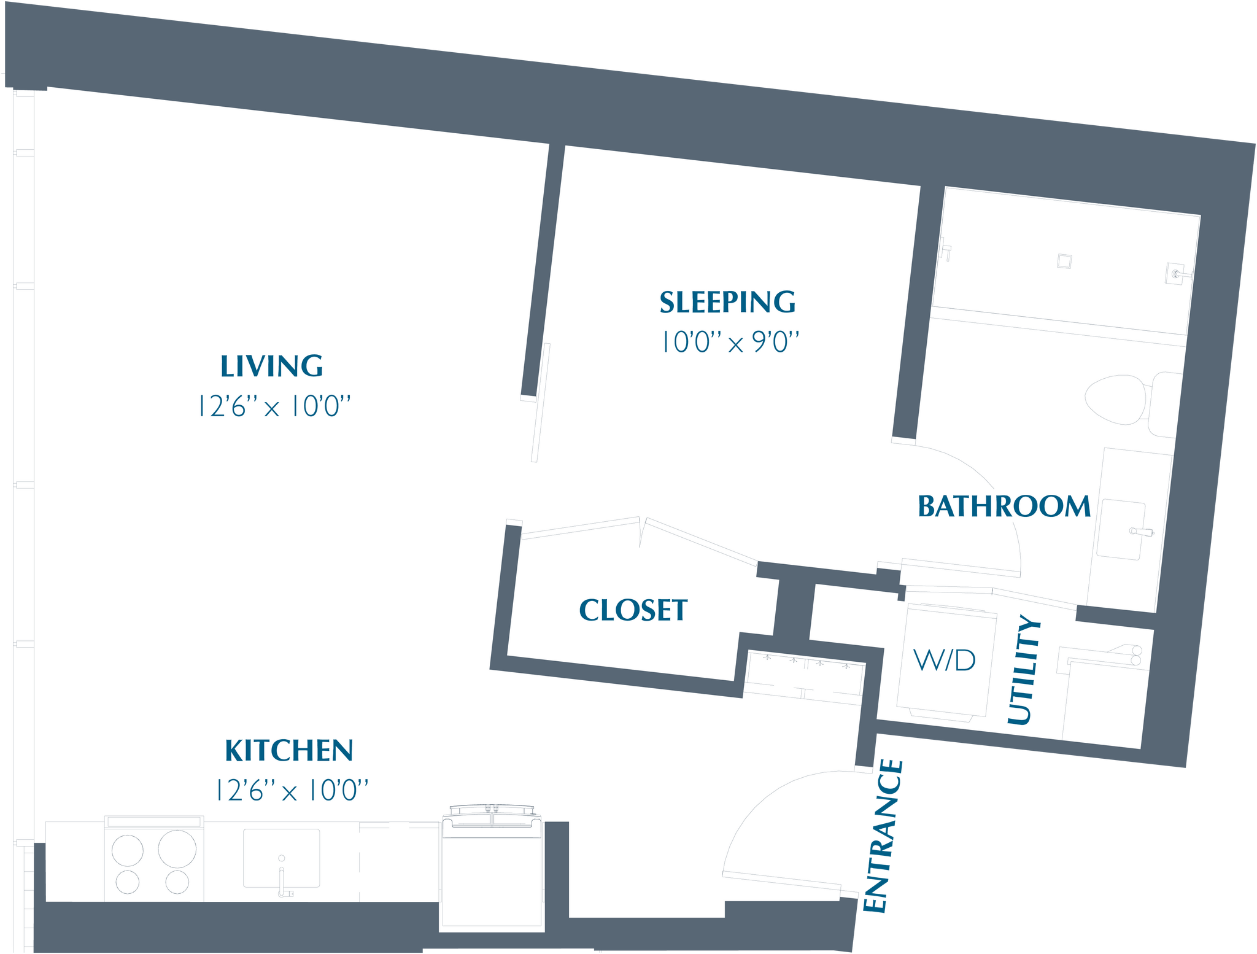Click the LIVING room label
pyautogui.click(x=271, y=366)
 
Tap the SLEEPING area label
pyautogui.click(x=727, y=303)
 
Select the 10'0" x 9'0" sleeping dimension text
pyautogui.click(x=730, y=343)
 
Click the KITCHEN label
pyautogui.click(x=288, y=751)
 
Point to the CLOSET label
pyautogui.click(x=633, y=610)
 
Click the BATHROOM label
pyautogui.click(x=1004, y=507)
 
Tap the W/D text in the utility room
pyautogui.click(x=944, y=661)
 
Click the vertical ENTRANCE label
pyautogui.click(x=883, y=836)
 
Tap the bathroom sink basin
pyautogui.click(x=1121, y=530)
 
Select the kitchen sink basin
pyautogui.click(x=282, y=858)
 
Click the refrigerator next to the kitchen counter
pyautogui.click(x=492, y=872)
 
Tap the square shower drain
pyautogui.click(x=1064, y=261)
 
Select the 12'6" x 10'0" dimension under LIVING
pyautogui.click(x=273, y=406)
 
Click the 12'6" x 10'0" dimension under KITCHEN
pyautogui.click(x=292, y=791)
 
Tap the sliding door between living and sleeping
pyautogui.click(x=541, y=402)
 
